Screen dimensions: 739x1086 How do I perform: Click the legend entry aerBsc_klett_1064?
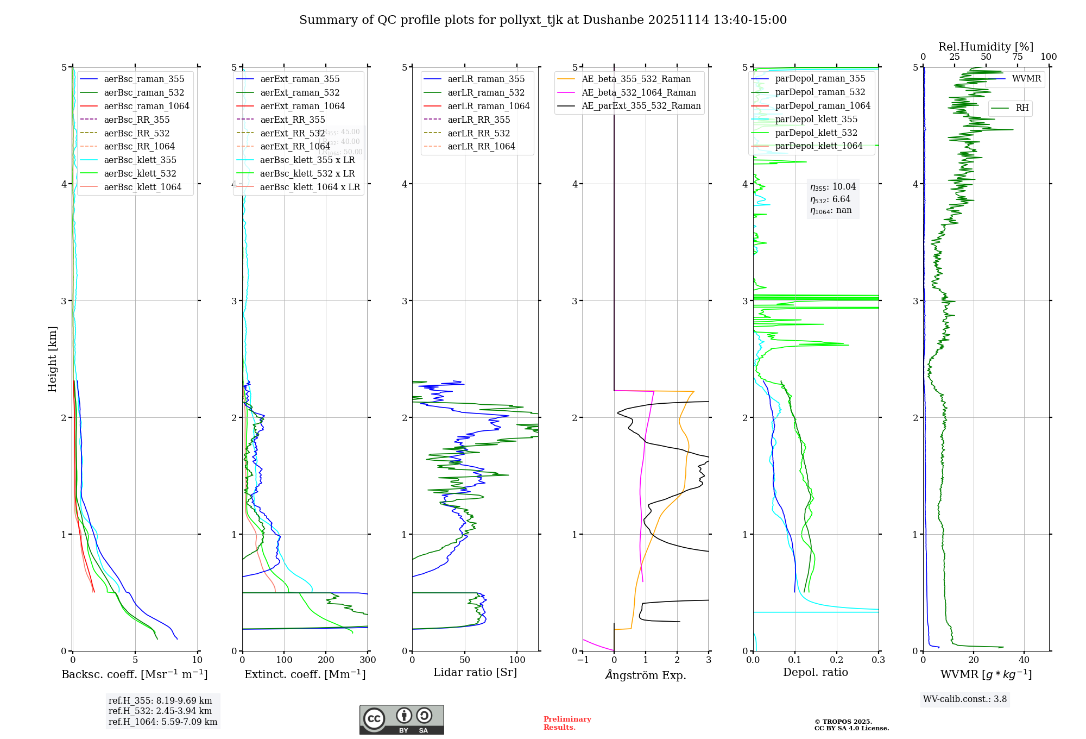(142, 187)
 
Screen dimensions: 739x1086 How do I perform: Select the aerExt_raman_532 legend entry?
(300, 92)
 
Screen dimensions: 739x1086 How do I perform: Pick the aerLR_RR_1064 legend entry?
(481, 146)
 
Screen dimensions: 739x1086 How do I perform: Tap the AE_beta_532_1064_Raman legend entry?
(639, 92)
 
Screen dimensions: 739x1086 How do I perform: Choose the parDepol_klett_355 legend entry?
(816, 119)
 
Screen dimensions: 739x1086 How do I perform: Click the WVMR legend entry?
(1026, 79)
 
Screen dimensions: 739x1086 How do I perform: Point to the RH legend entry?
(1022, 108)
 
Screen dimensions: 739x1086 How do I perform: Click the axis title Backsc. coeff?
(134, 674)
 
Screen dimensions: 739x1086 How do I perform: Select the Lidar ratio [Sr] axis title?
(475, 672)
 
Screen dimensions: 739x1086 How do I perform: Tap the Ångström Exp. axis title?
(646, 675)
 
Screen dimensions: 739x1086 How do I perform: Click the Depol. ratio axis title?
(815, 672)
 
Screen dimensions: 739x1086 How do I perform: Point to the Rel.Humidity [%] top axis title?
(986, 47)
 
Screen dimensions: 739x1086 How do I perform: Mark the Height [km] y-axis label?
(52, 359)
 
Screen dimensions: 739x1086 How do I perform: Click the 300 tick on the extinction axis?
(368, 660)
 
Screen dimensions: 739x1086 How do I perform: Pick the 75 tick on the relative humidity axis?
(1017, 57)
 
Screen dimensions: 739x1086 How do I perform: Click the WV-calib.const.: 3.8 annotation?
(965, 699)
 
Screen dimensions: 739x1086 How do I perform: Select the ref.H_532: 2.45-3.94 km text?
(160, 711)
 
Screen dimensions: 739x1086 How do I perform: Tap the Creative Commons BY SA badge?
(401, 720)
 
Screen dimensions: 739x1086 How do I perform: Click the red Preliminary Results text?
(567, 723)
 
